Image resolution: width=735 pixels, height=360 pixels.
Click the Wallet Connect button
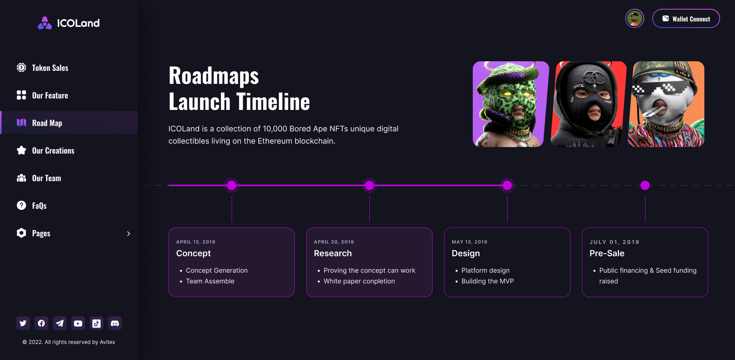[686, 19]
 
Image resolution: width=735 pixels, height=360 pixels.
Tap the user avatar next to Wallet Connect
[634, 18]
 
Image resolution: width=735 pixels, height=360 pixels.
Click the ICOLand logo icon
[45, 23]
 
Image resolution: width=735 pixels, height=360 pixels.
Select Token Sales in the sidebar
[50, 68]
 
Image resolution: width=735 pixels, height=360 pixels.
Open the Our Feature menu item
[50, 95]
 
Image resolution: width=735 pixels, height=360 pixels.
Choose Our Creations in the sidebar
[53, 151]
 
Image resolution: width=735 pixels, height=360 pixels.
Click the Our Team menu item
[46, 178]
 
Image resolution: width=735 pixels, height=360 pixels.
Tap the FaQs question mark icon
[21, 205]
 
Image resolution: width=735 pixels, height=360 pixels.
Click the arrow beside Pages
[129, 234]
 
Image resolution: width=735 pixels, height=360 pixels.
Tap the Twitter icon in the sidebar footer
[23, 323]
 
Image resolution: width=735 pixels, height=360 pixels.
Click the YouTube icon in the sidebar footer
[78, 323]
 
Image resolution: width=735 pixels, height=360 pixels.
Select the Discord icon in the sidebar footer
[115, 323]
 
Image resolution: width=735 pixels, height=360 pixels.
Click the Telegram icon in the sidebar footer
[60, 323]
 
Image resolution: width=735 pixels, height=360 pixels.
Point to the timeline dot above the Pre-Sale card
[645, 185]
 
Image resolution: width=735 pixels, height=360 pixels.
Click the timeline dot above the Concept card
[232, 185]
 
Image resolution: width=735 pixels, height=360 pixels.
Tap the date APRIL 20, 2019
[334, 242]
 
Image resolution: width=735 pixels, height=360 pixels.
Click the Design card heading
[465, 253]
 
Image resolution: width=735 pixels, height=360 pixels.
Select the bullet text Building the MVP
[487, 281]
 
